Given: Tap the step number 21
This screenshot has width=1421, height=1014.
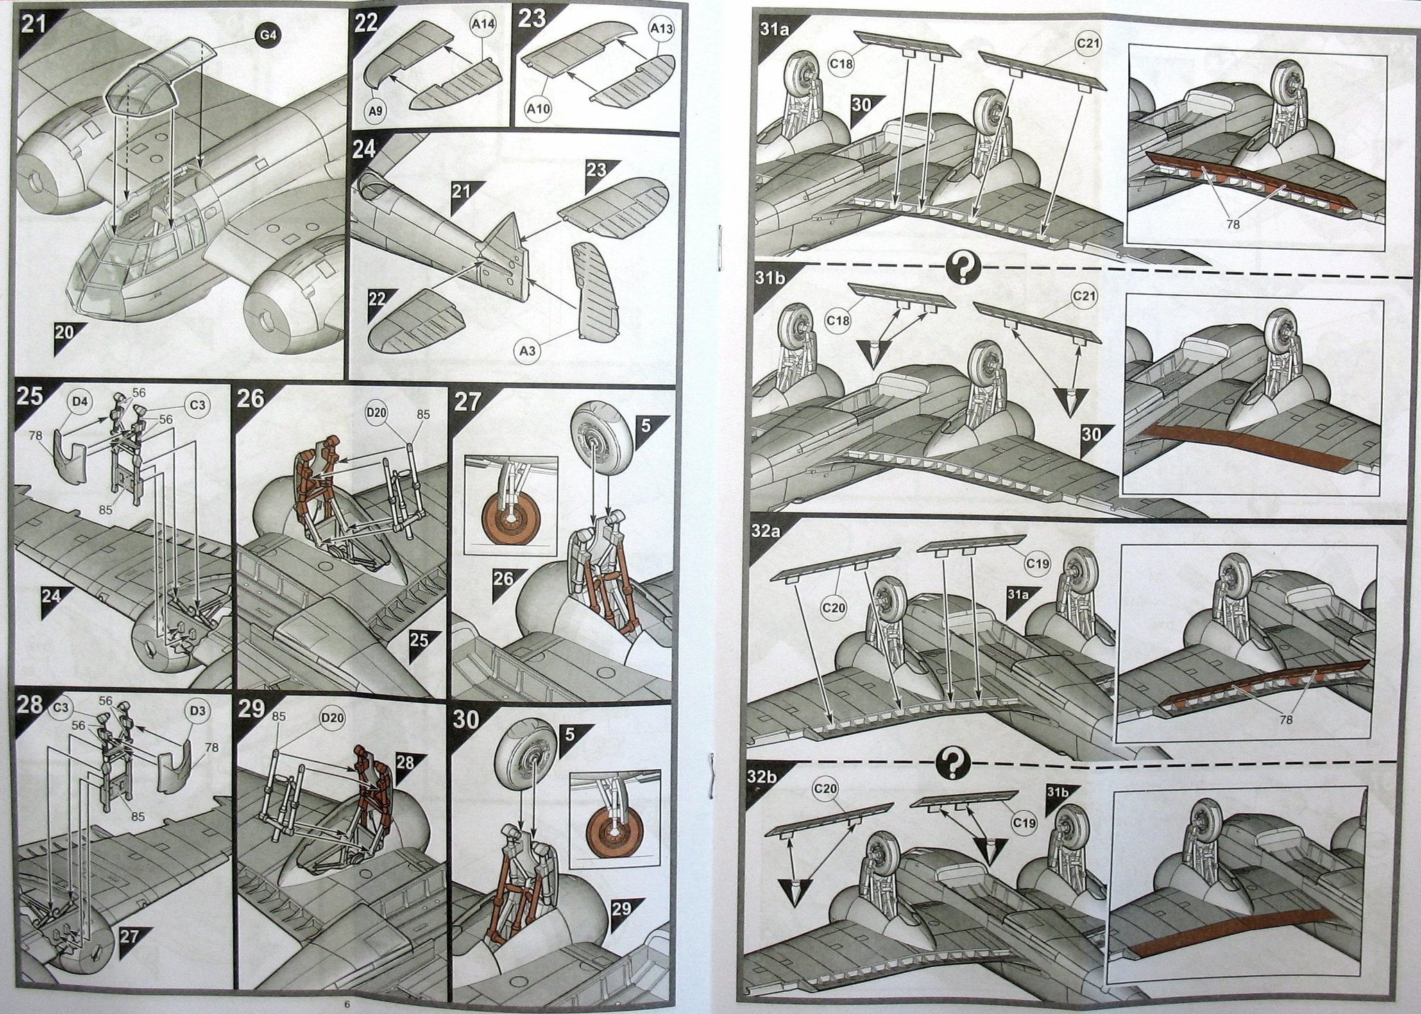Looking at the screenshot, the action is (x=33, y=25).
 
